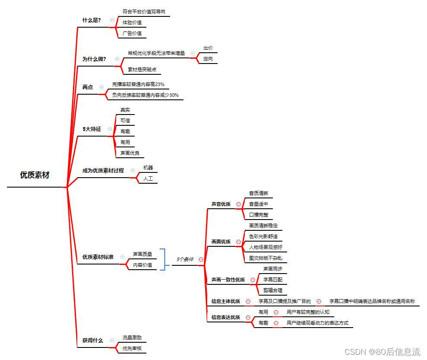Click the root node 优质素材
coord(35,175)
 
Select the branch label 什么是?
coord(92,20)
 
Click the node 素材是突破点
coord(142,70)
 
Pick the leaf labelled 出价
coord(208,48)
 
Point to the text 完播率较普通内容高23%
coord(138,84)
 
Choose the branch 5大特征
coord(92,129)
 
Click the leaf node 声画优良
coord(130,153)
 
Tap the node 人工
coord(148,178)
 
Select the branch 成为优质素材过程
coord(103,171)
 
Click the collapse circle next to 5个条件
coord(201,260)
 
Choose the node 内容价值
coord(142,265)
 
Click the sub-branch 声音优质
coord(221,204)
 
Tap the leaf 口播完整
coord(258,215)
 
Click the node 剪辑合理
coord(272,290)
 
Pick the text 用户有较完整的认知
coord(308,312)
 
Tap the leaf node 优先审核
coord(132,348)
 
